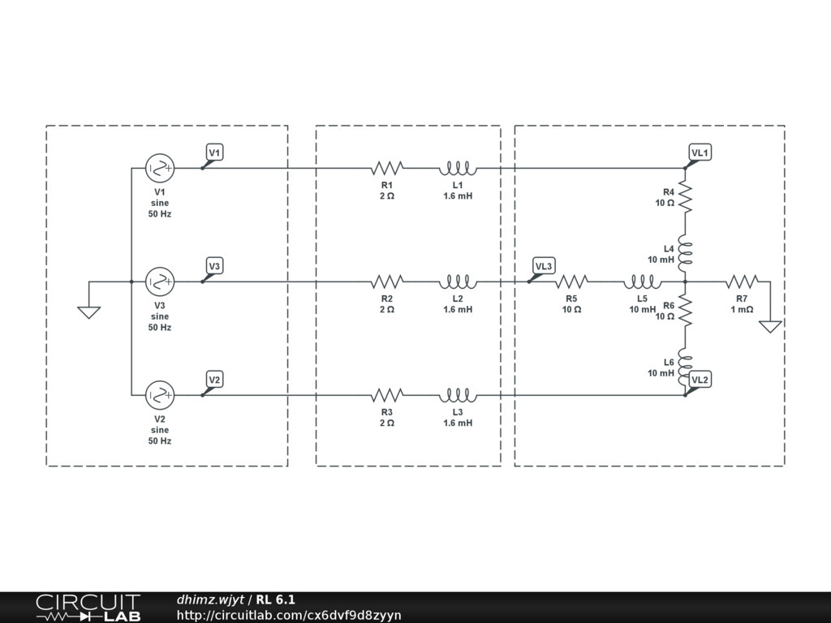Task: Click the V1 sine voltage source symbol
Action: click(x=160, y=169)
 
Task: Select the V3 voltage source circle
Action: click(x=160, y=282)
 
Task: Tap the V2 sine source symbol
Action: click(x=160, y=396)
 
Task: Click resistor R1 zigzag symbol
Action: click(x=387, y=169)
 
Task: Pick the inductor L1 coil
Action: click(x=458, y=169)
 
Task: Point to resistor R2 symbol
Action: click(x=387, y=282)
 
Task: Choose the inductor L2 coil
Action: click(x=458, y=282)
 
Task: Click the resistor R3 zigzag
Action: click(x=387, y=396)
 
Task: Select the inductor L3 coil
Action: click(x=458, y=396)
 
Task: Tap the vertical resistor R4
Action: click(x=686, y=195)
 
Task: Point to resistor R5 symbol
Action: click(x=572, y=282)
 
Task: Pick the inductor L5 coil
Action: click(x=642, y=282)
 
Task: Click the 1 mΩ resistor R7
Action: click(x=742, y=282)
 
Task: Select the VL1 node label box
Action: click(x=700, y=153)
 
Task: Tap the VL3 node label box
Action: click(x=544, y=265)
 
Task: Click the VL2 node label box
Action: click(x=700, y=380)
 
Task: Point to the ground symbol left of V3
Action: click(x=88, y=311)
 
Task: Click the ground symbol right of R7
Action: click(x=770, y=326)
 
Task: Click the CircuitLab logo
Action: click(x=88, y=608)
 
